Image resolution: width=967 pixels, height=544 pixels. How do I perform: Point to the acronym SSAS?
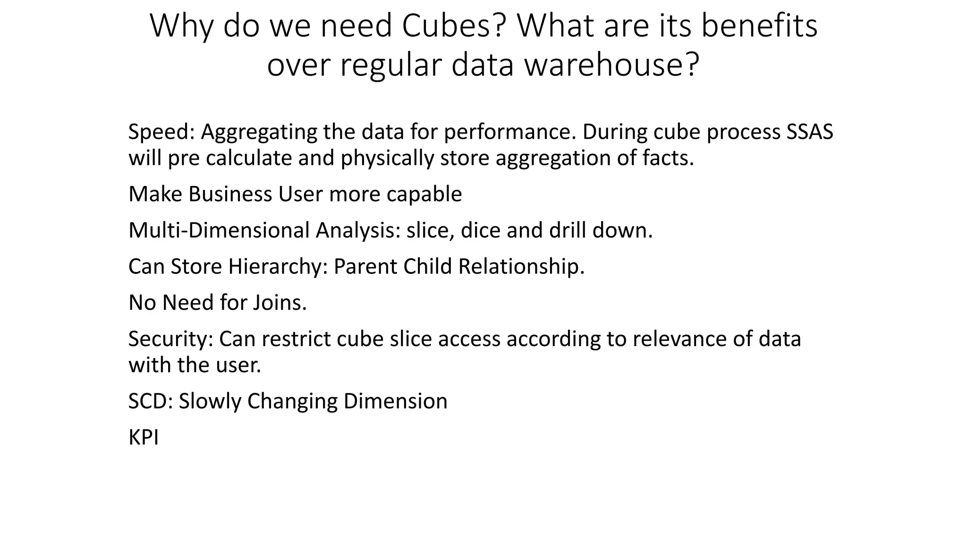810,132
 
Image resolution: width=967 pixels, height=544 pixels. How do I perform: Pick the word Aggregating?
259,132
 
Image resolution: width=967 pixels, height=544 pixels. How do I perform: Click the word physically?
387,158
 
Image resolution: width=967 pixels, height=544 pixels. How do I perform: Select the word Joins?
280,303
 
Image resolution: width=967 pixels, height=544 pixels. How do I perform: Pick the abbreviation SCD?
151,401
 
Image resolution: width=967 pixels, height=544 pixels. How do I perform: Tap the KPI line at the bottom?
144,438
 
